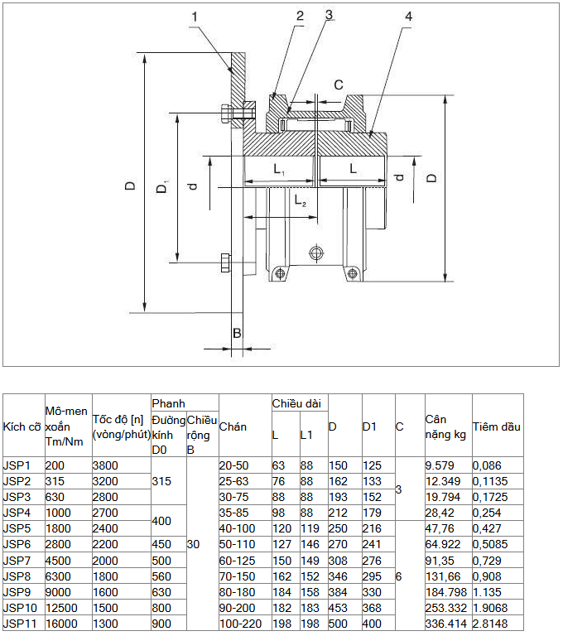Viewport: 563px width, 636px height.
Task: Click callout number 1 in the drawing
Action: pos(195,17)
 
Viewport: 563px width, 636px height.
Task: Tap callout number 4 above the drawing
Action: pos(408,17)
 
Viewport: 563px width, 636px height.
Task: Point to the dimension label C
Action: pos(339,84)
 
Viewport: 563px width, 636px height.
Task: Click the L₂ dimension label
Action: pos(301,200)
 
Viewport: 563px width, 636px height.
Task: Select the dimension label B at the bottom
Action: pos(237,334)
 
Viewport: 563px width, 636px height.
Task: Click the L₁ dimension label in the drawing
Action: pos(279,169)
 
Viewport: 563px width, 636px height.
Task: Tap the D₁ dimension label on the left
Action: pos(162,187)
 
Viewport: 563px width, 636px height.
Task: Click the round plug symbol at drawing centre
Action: pos(316,253)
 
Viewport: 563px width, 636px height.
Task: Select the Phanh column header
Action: pos(168,403)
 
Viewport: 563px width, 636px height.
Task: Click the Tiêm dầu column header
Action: pos(497,426)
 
